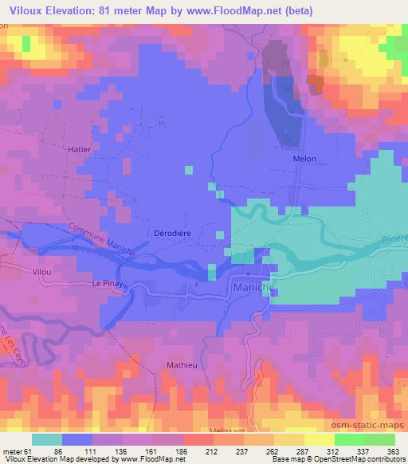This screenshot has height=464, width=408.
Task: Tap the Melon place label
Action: click(304, 159)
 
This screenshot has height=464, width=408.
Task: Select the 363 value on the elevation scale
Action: click(393, 451)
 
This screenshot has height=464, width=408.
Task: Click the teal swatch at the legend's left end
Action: click(46, 439)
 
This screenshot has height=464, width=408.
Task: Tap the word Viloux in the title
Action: click(22, 11)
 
